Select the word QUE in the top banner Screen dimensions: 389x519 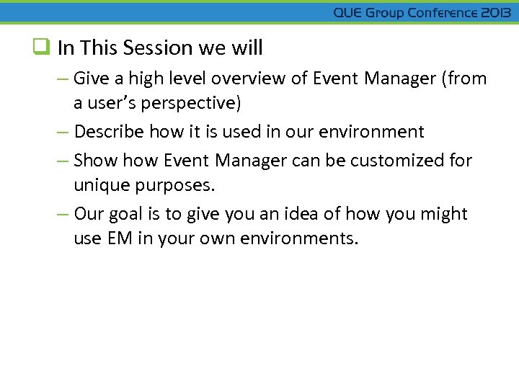348,13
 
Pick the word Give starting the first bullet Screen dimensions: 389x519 90,79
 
